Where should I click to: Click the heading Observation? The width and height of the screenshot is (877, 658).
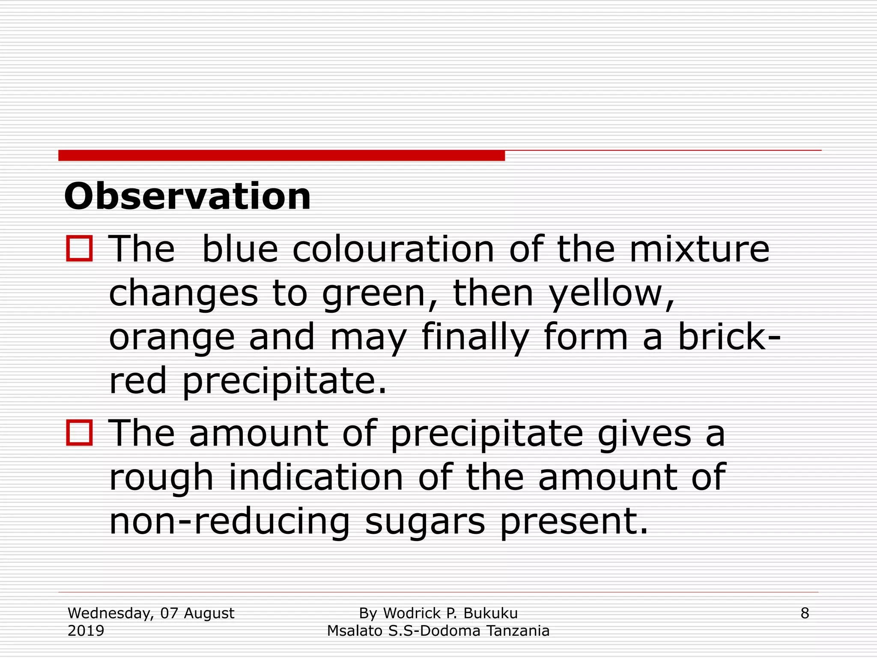pyautogui.click(x=187, y=197)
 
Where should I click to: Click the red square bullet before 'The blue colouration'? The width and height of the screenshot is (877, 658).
pyautogui.click(x=79, y=248)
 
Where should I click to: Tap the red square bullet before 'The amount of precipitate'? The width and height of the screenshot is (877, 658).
pyautogui.click(x=79, y=433)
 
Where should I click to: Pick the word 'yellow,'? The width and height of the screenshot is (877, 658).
pyautogui.click(x=612, y=294)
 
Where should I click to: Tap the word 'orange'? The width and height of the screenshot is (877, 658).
pyautogui.click(x=172, y=338)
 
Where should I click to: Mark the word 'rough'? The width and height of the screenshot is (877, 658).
pyautogui.click(x=161, y=479)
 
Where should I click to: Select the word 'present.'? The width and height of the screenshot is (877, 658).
pyautogui.click(x=574, y=523)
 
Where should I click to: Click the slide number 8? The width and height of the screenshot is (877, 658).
pyautogui.click(x=805, y=613)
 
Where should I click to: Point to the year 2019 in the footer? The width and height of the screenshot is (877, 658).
pyautogui.click(x=86, y=631)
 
